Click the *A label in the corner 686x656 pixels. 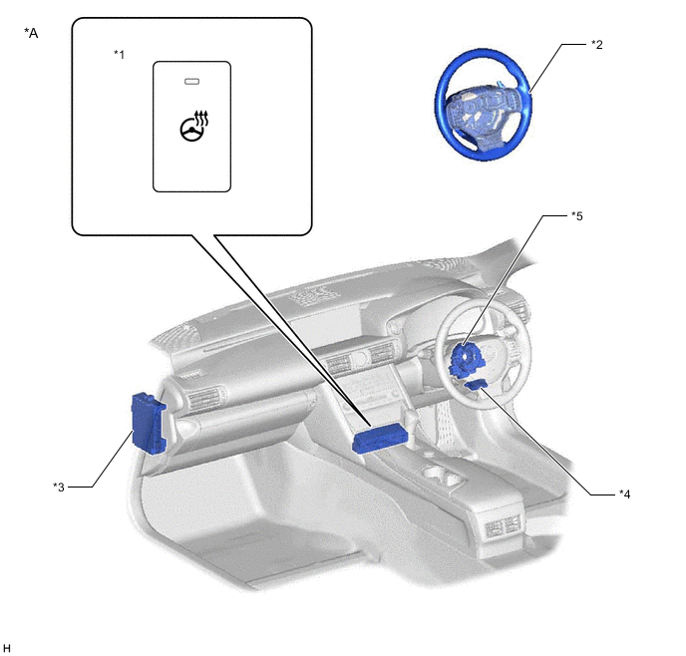tap(31, 33)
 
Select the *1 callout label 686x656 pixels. tap(120, 54)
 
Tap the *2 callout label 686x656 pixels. tap(597, 44)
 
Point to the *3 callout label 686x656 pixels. tap(59, 487)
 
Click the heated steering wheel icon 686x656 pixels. tap(194, 126)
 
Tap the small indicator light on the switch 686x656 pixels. tap(192, 82)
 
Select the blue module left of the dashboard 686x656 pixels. tap(149, 422)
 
